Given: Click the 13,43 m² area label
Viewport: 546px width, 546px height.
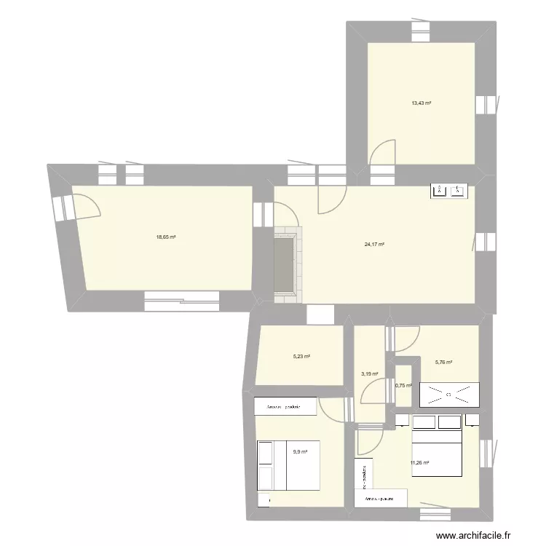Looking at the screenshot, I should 421,103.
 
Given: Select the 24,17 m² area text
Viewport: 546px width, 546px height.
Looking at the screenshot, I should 374,245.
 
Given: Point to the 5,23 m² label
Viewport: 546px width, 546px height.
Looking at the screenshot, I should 301,357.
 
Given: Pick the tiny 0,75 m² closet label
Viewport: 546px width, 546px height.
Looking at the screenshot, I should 403,387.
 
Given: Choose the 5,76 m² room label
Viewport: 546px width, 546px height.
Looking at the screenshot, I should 444,363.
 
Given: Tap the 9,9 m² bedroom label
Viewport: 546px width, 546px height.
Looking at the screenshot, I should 300,452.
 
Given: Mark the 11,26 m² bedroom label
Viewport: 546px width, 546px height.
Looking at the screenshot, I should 419,462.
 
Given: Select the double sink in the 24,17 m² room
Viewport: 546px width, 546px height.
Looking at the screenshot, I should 449,191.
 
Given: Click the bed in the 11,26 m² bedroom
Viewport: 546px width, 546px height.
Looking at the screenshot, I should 437,451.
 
